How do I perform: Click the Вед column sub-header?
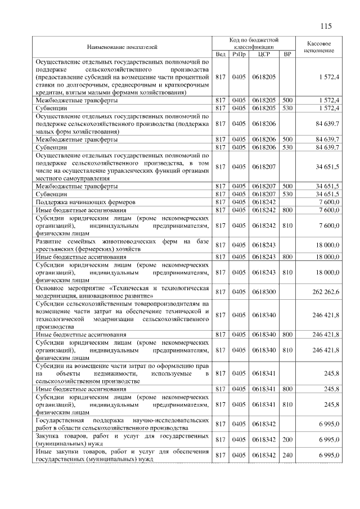220,54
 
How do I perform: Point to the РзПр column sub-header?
239,54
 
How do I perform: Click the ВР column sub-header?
287,54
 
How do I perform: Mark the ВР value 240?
287,455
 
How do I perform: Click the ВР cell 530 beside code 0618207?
287,193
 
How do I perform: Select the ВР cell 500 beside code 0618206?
287,139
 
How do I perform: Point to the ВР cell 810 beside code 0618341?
287,404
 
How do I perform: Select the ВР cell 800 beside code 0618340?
287,335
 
